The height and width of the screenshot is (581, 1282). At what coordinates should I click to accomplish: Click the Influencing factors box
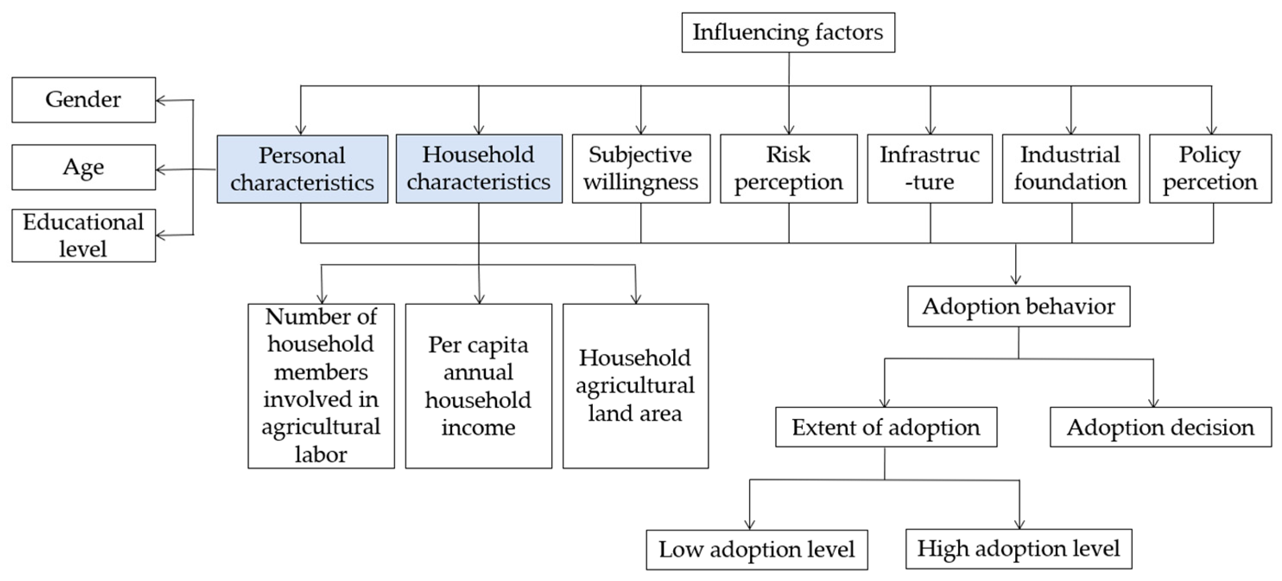coord(788,32)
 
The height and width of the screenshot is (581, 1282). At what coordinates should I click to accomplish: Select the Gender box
coord(84,100)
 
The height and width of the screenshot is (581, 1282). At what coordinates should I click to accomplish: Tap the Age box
coord(84,167)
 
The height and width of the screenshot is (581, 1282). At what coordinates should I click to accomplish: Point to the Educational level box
coord(84,235)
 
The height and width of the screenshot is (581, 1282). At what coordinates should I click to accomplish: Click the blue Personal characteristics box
coord(302,169)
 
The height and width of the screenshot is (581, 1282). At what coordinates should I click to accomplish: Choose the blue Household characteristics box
coord(479,168)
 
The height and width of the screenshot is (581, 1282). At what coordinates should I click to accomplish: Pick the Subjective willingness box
coord(641,168)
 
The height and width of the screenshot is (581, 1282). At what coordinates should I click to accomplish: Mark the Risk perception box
coord(788,168)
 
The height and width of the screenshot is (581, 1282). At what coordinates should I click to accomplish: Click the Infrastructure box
coord(930,168)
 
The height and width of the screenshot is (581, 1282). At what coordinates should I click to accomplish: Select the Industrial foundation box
coord(1070,168)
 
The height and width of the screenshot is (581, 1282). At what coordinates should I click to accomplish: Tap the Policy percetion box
coord(1210,168)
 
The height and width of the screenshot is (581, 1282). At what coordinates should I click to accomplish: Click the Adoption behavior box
coord(1018,306)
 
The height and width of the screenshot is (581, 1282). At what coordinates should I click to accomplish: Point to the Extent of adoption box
coord(886,427)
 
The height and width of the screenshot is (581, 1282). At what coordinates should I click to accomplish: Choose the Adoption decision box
coord(1160,427)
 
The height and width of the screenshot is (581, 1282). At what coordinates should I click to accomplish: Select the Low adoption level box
coord(757,549)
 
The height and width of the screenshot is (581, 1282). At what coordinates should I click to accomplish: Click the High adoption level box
coord(1019,549)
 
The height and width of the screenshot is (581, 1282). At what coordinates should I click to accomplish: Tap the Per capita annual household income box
coord(478,386)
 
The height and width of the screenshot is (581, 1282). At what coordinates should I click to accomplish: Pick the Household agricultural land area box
coord(636,386)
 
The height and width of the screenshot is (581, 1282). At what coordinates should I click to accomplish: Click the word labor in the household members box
coord(321,454)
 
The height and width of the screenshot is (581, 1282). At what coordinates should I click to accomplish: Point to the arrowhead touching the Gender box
coord(159,101)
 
